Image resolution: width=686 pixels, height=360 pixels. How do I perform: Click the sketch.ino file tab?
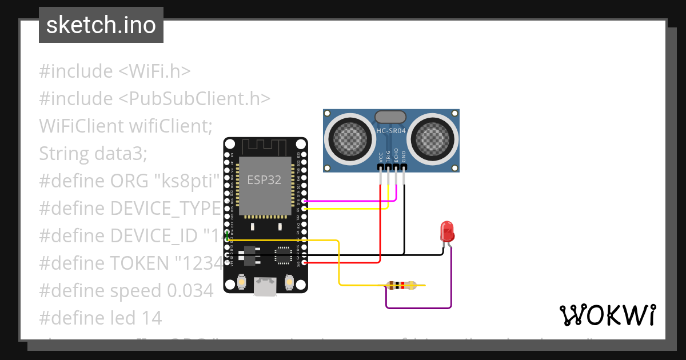[x=101, y=25]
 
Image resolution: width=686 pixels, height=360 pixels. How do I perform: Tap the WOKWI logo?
[x=607, y=315]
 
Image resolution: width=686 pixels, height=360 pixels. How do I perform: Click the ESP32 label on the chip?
[x=264, y=179]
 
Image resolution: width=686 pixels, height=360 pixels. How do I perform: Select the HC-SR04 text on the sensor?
[x=391, y=131]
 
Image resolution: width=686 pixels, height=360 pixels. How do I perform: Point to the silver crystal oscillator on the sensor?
[x=391, y=117]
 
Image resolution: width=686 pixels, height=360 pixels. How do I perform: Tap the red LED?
[x=447, y=232]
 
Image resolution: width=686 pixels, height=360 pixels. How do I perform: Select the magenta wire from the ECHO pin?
[x=349, y=201]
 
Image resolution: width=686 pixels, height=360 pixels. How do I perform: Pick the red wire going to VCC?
[x=380, y=229]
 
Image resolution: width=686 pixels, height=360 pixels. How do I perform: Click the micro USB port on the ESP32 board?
[x=265, y=286]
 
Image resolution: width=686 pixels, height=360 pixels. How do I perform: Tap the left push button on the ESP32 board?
[x=241, y=282]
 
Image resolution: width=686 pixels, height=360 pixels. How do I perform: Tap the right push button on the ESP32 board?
[x=289, y=282]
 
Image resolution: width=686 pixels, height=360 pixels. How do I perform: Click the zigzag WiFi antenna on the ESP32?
[x=265, y=147]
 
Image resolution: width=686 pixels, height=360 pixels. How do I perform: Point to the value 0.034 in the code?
[x=190, y=290]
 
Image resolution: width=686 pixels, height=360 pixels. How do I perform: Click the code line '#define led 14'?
[x=101, y=318]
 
